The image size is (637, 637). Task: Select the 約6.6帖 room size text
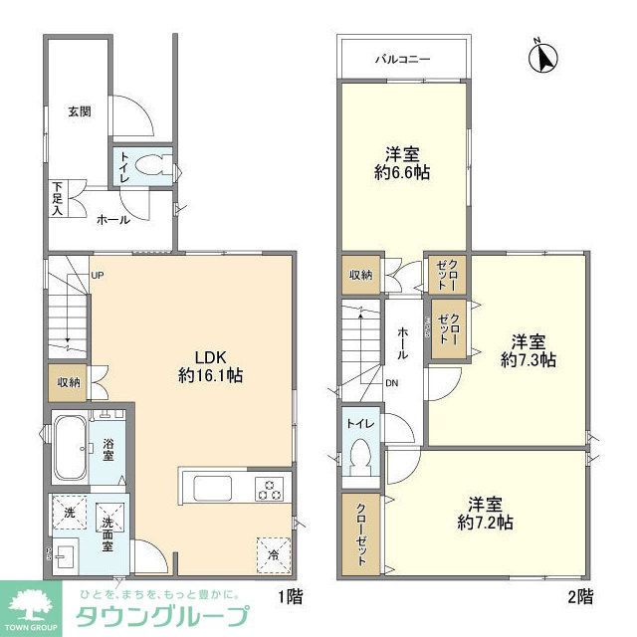point(402,172)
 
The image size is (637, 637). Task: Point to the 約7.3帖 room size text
point(529,359)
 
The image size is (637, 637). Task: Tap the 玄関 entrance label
point(80,111)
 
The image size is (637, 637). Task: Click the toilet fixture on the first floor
point(151,167)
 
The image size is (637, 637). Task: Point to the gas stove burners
point(270,488)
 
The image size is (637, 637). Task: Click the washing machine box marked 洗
point(70,512)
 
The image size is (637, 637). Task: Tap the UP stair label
point(98,276)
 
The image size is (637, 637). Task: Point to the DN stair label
point(390,383)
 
